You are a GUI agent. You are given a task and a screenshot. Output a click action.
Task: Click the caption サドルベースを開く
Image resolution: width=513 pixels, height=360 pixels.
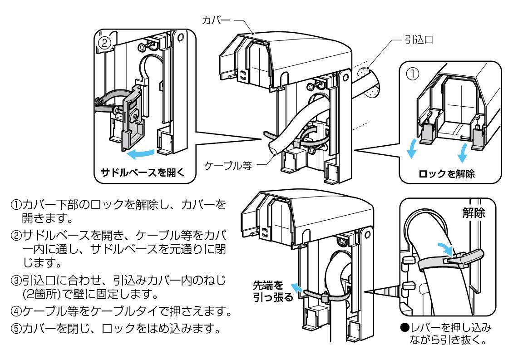(138, 173)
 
